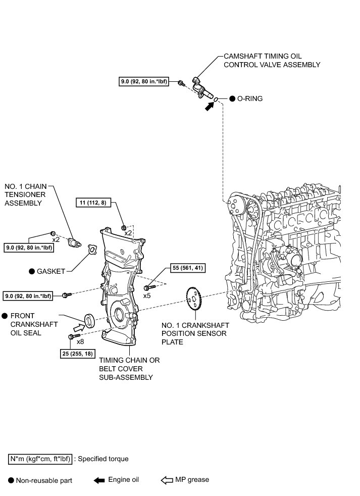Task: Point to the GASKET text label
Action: click(x=50, y=271)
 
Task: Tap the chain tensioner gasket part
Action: click(x=91, y=251)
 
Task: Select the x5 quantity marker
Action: click(x=147, y=295)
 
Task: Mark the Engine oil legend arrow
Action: click(x=98, y=480)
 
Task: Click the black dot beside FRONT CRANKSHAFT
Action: click(x=5, y=315)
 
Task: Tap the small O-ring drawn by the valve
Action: click(x=216, y=100)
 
